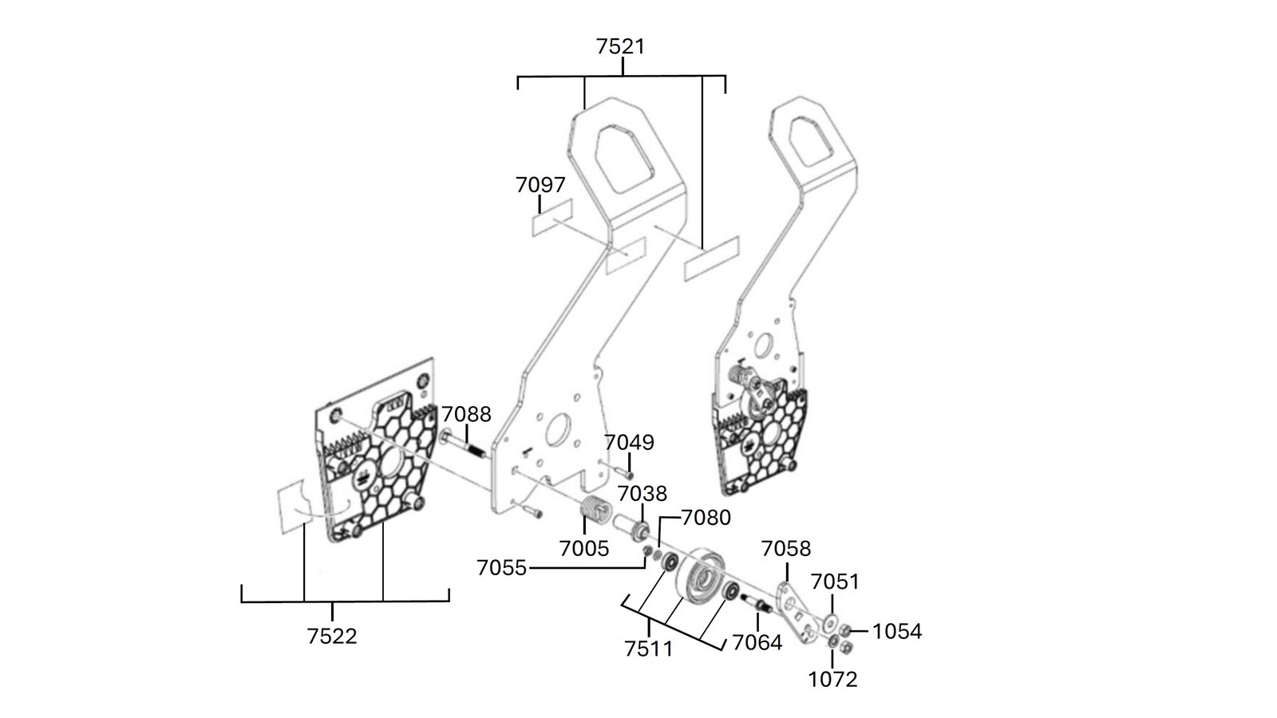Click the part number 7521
[x=621, y=46]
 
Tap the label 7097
[x=540, y=184]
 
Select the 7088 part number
[x=466, y=414]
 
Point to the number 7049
[x=630, y=442]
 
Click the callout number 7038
[x=642, y=494]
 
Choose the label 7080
[x=706, y=518]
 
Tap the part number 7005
[x=584, y=548]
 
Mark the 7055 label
[x=502, y=567]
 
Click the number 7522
[x=332, y=636]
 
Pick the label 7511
[x=649, y=649]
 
